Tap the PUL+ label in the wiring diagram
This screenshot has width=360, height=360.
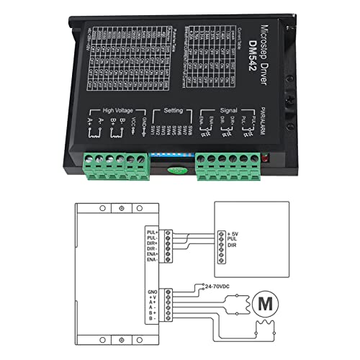pyautogui.click(x=153, y=232)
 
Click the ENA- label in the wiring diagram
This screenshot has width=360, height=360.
pyautogui.click(x=153, y=258)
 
